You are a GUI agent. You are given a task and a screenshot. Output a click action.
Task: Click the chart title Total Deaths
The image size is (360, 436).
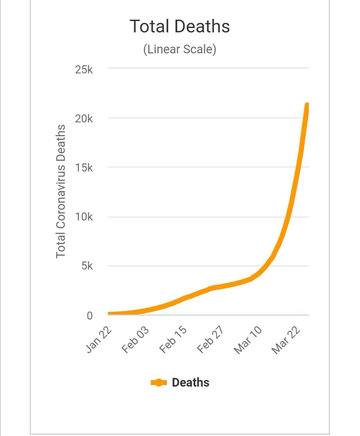(180, 26)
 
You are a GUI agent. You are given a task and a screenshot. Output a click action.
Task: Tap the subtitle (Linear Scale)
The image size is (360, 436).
(180, 49)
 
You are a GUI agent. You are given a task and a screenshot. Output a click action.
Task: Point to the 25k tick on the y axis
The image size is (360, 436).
(84, 70)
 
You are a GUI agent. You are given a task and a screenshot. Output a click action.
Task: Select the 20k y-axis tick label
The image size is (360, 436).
(84, 119)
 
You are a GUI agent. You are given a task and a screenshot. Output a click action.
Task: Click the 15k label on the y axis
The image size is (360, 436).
(84, 168)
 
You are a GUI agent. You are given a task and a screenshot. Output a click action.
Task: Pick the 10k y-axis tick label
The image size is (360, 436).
(84, 217)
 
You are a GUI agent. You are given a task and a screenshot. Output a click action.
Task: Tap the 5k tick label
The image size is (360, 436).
(87, 266)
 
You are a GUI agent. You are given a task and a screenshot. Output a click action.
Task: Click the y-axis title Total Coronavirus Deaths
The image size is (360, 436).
(60, 191)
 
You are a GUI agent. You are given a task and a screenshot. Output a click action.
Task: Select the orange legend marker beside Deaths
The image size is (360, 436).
(159, 383)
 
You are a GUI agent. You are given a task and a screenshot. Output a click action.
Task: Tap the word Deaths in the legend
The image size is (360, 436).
(190, 383)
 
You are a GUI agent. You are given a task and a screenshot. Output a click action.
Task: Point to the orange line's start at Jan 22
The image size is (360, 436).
(109, 314)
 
